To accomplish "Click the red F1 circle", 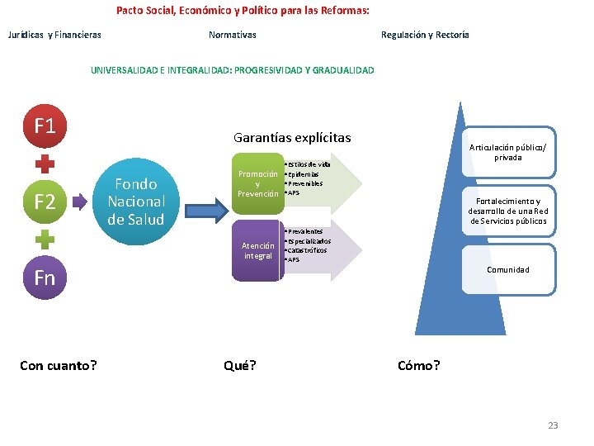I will tap(45, 126).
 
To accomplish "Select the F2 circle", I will tap(45, 201).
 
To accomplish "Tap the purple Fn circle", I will tap(45, 277).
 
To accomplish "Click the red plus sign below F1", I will tap(45, 164).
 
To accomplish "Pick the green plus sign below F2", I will tap(45, 239).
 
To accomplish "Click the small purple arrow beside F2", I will tap(79, 201).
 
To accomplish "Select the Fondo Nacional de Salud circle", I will tap(135, 201).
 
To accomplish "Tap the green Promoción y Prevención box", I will tap(257, 183).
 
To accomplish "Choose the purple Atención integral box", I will tap(257, 250).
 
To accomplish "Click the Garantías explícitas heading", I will tap(292, 138).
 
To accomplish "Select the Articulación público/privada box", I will tap(507, 152).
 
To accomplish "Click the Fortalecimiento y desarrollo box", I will tap(507, 211).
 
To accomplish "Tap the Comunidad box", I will tap(507, 269).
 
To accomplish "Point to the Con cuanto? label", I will tap(58, 365).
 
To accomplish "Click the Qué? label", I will tap(240, 365).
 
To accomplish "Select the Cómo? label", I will tap(418, 365).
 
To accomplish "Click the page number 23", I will tap(553, 425).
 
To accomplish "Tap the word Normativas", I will tap(232, 35).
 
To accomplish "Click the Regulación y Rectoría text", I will tap(425, 35).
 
